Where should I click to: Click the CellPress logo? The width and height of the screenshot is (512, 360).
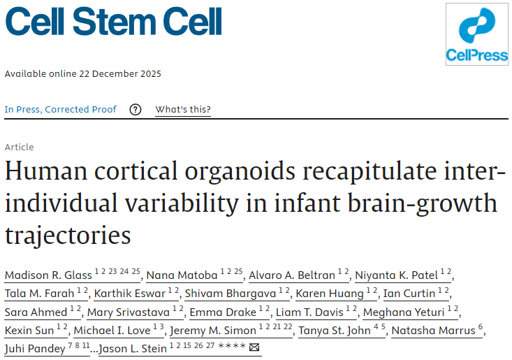477,34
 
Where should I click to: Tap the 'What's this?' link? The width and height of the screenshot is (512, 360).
183,109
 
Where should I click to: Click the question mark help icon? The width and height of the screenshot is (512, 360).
136,109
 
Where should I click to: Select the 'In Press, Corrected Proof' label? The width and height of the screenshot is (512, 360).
61,109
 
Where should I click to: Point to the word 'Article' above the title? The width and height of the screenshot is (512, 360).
19,147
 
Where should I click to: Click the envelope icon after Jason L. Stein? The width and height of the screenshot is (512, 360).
254,348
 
